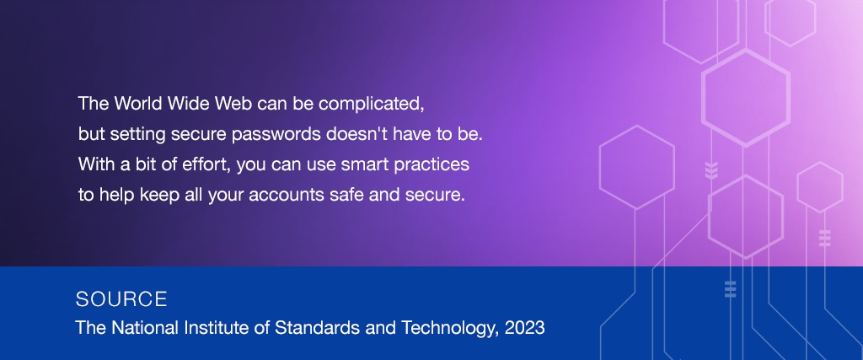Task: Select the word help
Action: [x=116, y=196]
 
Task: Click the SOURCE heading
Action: [x=121, y=299]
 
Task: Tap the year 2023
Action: [x=524, y=327]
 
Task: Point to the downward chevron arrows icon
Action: [x=711, y=170]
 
